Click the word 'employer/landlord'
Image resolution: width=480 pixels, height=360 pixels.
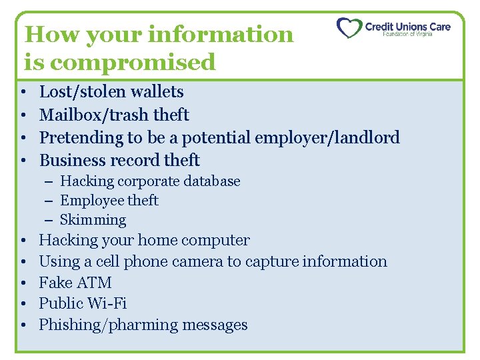point(333,138)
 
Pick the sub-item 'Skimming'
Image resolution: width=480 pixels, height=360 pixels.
point(93,220)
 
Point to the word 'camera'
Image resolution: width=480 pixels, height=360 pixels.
point(197,261)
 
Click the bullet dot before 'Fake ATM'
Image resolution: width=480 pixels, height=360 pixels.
point(23,283)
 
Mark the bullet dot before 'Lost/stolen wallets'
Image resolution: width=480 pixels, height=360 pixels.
point(23,92)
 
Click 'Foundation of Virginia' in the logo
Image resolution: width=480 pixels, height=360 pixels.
point(407,35)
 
